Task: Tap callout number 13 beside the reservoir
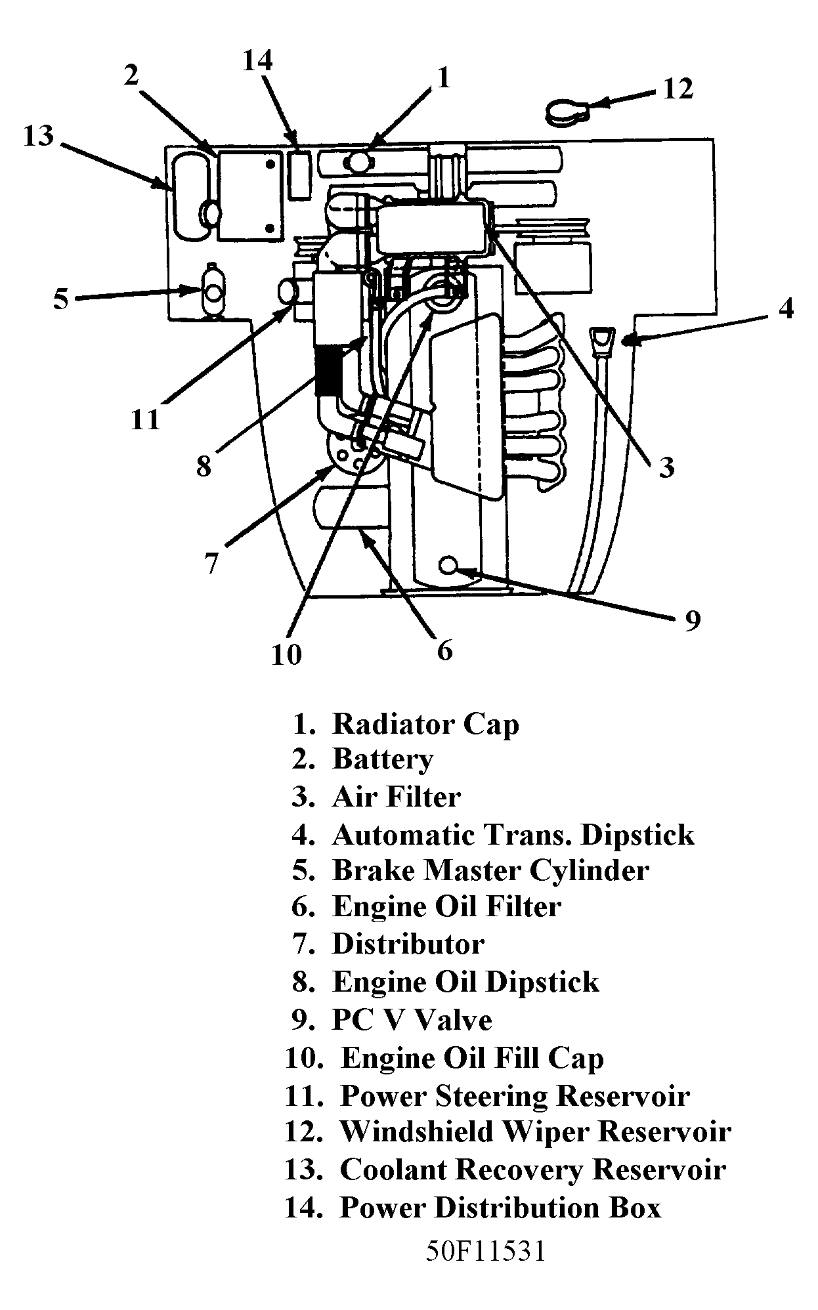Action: [39, 137]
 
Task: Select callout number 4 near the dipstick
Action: [786, 308]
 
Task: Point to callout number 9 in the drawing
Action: [693, 620]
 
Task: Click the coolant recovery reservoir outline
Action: [190, 195]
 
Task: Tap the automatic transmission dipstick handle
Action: [602, 341]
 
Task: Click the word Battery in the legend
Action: [383, 759]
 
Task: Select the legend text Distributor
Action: [408, 944]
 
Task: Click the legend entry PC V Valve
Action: [412, 1021]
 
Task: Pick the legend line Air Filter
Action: [396, 797]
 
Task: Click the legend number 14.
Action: [303, 1208]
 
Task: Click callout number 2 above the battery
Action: [131, 76]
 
